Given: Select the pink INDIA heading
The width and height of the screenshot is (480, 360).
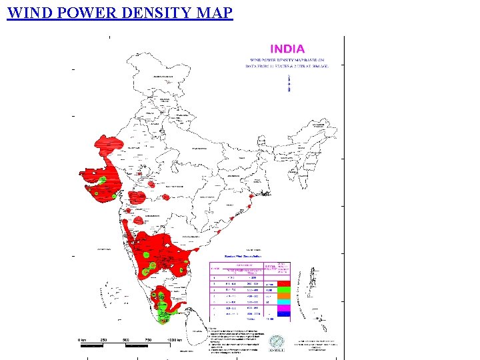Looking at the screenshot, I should click(287, 49).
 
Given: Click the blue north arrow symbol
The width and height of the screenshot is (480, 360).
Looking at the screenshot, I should click(289, 82).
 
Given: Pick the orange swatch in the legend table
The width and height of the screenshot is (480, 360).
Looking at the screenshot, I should click(283, 296).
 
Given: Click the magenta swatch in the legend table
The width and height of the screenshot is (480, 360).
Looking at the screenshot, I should click(283, 309).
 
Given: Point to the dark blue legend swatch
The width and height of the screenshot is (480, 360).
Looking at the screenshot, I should click(283, 315).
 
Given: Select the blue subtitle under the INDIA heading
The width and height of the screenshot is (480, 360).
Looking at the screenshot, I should click(287, 63).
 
